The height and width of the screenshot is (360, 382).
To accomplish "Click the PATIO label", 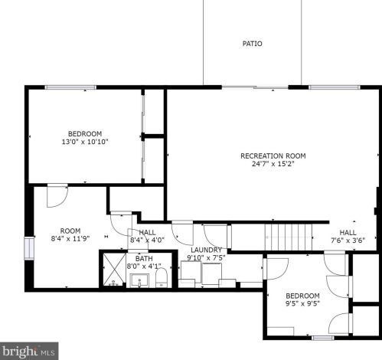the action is [252, 44].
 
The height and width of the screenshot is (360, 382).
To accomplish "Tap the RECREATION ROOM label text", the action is [273, 155].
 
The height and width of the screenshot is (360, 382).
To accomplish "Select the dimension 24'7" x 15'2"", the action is [273, 164].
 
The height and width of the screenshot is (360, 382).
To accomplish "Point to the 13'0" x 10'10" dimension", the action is [85, 142].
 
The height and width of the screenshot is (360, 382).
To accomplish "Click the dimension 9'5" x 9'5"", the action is [302, 303].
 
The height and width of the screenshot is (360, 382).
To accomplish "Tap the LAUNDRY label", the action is [206, 250].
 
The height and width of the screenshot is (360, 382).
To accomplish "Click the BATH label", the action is [144, 258].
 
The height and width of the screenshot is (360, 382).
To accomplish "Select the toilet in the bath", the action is [162, 277].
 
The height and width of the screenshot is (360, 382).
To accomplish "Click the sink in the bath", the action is [139, 280].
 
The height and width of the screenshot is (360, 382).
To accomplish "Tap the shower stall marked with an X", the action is [114, 269].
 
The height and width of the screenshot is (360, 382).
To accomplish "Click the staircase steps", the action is [289, 237].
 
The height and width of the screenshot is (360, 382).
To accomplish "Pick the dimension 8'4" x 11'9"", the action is [70, 239].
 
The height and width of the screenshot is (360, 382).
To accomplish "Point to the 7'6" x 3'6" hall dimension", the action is [348, 241].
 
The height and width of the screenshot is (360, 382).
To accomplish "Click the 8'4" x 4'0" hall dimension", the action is [147, 240].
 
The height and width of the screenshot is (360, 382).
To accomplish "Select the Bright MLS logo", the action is [29, 352].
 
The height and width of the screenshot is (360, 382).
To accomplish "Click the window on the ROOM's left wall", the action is [29, 248].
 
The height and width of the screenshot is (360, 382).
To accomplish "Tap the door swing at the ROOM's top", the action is [57, 195].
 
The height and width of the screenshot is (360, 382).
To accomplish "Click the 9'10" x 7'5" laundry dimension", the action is [206, 258].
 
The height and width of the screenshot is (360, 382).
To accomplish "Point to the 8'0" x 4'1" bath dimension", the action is [144, 267].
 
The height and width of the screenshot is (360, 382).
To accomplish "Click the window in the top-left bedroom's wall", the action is [70, 87].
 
